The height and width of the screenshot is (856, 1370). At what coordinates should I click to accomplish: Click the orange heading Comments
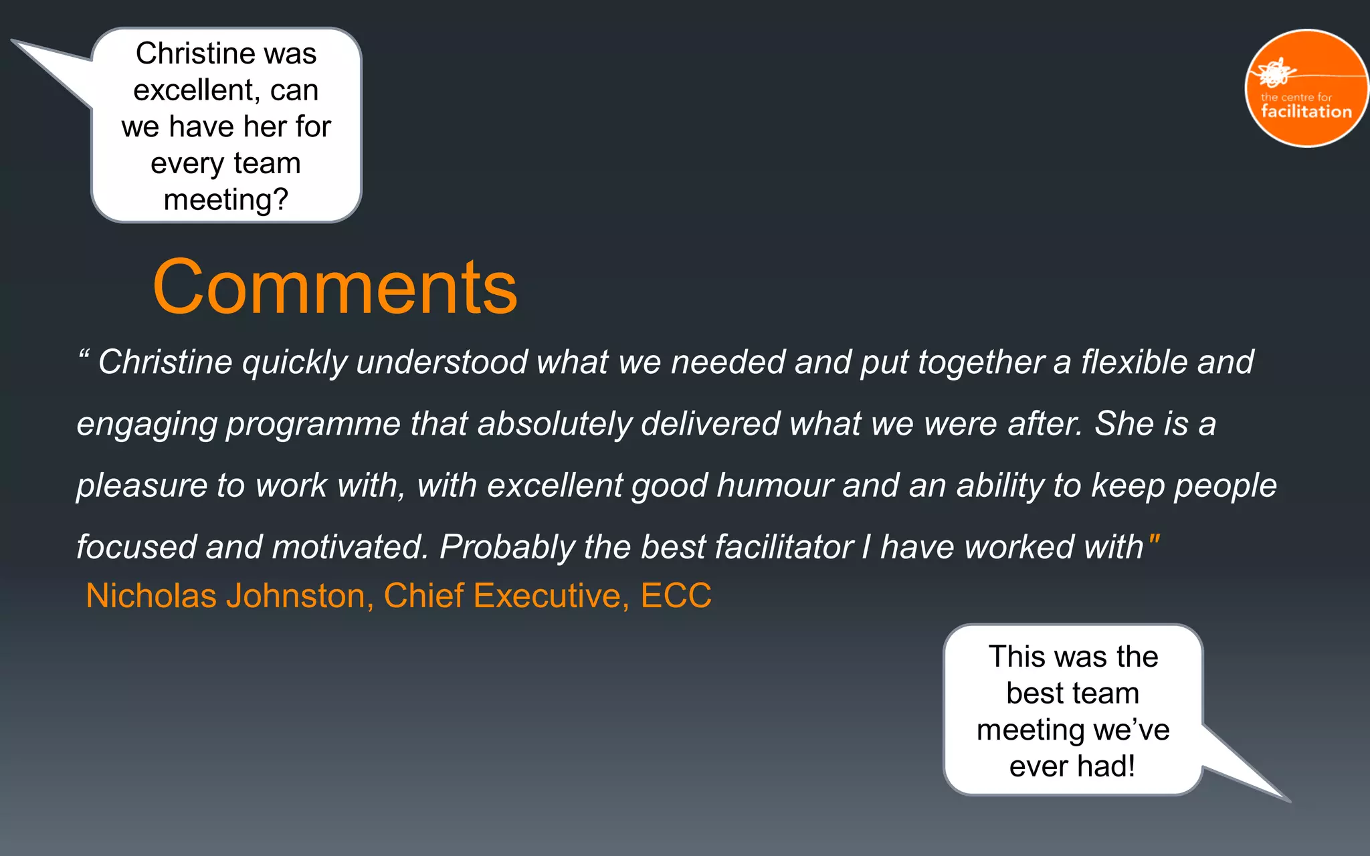[335, 288]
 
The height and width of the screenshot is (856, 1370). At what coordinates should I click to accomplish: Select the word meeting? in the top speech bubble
[226, 199]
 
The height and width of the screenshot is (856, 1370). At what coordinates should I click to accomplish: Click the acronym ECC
[676, 595]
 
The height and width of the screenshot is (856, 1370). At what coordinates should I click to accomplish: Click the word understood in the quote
[442, 362]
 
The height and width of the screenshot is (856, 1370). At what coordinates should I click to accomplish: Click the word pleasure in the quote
[141, 486]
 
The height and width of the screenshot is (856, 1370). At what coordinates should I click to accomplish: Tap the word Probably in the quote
[506, 548]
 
